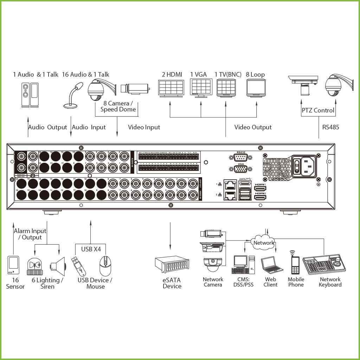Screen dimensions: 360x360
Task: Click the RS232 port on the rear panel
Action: tap(241, 157)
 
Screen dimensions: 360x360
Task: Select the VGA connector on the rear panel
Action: tap(241, 169)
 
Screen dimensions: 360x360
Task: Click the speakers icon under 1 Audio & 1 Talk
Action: tap(30, 95)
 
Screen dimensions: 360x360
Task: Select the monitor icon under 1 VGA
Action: tap(201, 88)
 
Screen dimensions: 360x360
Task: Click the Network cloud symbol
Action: tap(263, 243)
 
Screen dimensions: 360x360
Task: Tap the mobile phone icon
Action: tap(295, 263)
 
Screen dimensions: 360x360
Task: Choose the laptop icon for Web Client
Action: tap(271, 265)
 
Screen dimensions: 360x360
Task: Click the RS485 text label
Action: tap(330, 127)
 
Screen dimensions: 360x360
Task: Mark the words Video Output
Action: tap(253, 127)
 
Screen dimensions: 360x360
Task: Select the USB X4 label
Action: tap(91, 249)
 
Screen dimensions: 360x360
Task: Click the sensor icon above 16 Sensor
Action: tap(13, 265)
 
